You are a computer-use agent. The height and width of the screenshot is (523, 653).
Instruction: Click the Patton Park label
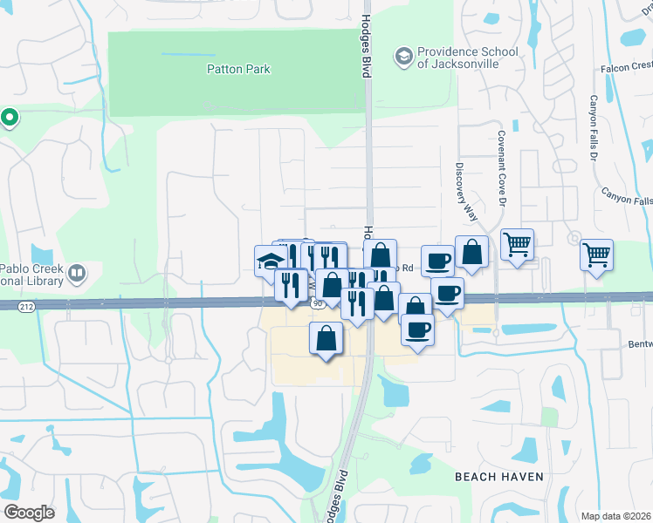tap(238, 69)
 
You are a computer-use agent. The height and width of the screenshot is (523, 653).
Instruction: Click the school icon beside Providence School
tap(403, 56)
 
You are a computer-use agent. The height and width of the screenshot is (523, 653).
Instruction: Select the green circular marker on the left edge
tap(10, 116)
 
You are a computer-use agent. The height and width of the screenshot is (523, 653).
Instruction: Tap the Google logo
tap(30, 512)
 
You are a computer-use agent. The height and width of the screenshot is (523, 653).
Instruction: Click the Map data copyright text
tap(616, 516)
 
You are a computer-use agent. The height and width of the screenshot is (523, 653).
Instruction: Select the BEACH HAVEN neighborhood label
tap(499, 477)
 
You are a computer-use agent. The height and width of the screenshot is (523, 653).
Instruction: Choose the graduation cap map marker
tap(270, 260)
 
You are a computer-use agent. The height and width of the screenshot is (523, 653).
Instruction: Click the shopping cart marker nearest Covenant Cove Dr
tap(517, 244)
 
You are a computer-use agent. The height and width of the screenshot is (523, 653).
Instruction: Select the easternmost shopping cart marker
tap(597, 255)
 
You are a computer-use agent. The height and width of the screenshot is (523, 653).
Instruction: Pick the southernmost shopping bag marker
tap(326, 338)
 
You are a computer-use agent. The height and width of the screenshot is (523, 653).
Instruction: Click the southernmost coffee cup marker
tap(417, 330)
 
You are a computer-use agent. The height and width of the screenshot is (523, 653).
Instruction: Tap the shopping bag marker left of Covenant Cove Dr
tap(471, 252)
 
